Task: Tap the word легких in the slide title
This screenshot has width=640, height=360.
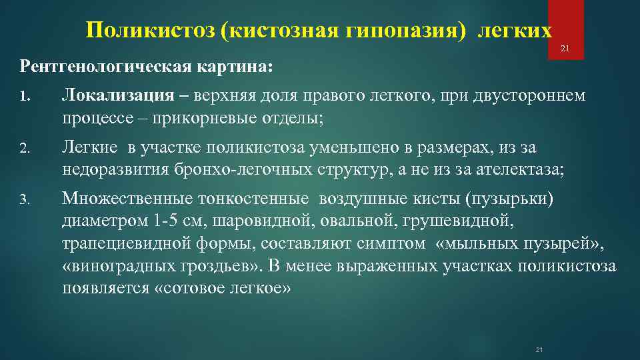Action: pos(515,31)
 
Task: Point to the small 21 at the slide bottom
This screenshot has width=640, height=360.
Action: pos(540,350)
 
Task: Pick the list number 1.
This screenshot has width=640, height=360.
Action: pos(24,97)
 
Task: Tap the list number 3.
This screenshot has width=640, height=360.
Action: pos(25,199)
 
